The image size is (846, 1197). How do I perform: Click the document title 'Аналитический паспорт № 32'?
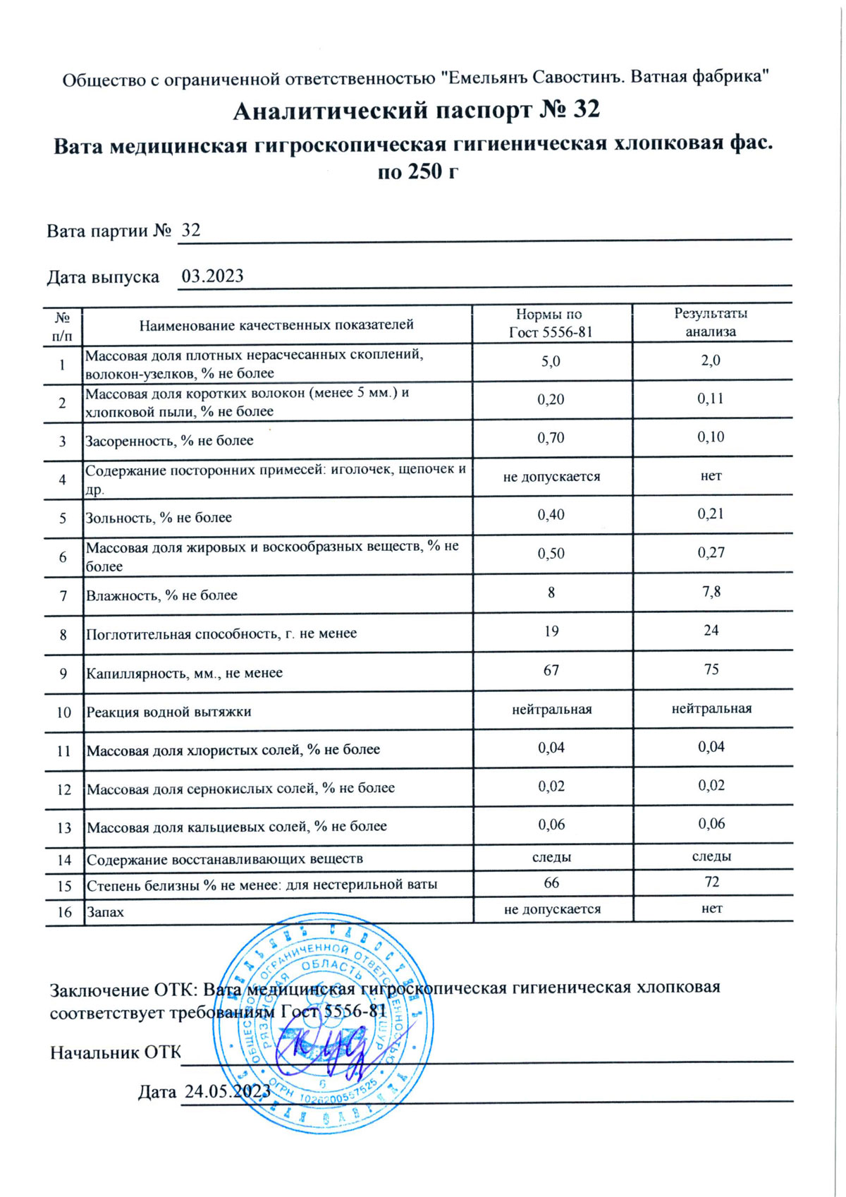pyautogui.click(x=416, y=110)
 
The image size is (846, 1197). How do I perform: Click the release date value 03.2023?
pyautogui.click(x=212, y=276)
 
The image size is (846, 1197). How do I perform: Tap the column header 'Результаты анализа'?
pyautogui.click(x=711, y=322)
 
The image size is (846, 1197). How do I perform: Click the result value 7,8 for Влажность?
pyautogui.click(x=711, y=591)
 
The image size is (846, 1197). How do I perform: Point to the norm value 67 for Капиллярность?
pyautogui.click(x=551, y=669)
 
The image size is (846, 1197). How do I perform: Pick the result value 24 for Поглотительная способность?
pyautogui.click(x=711, y=630)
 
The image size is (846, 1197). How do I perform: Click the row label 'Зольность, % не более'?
pyautogui.click(x=159, y=518)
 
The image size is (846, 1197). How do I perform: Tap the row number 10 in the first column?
pyautogui.click(x=63, y=712)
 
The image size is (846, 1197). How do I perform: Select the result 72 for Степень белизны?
pyautogui.click(x=711, y=882)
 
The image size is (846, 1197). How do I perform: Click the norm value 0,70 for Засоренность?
pyautogui.click(x=551, y=438)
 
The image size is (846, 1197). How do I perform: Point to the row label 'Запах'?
pyautogui.click(x=105, y=912)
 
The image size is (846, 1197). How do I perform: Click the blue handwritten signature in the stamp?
pyautogui.click(x=321, y=1047)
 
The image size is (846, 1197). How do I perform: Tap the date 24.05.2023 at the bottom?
pyautogui.click(x=227, y=1091)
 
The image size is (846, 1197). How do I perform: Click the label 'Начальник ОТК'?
pyautogui.click(x=115, y=1052)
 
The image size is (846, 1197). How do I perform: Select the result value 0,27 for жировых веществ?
pyautogui.click(x=711, y=552)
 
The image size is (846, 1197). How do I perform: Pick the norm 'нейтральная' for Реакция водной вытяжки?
pyautogui.click(x=551, y=709)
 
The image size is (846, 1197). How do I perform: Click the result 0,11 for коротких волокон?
pyautogui.click(x=711, y=399)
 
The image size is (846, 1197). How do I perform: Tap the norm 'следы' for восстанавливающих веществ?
pyautogui.click(x=551, y=857)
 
